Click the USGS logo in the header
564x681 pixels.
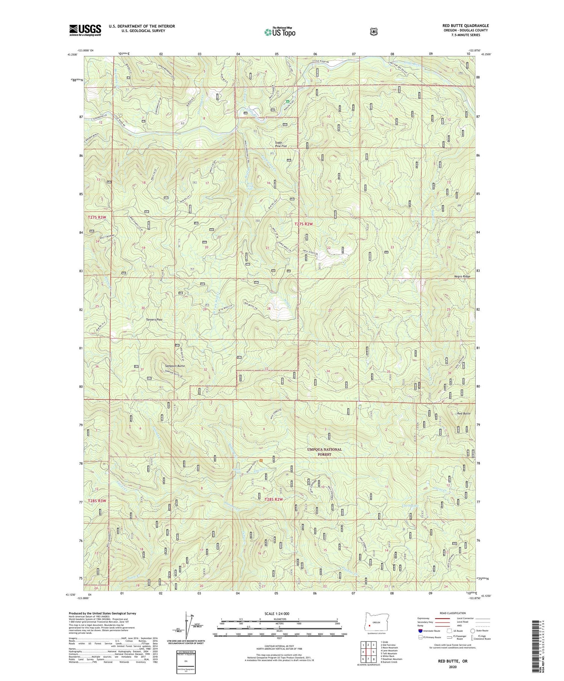85,30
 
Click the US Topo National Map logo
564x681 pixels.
280,32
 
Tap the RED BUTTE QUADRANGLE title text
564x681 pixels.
465,26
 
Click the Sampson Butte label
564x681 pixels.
175,365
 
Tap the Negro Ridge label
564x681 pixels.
462,276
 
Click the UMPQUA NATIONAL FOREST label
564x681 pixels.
324,451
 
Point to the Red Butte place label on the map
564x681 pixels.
463,413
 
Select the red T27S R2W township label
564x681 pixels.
303,224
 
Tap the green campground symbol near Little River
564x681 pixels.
288,101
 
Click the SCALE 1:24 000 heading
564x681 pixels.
277,613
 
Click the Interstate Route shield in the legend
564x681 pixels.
420,631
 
